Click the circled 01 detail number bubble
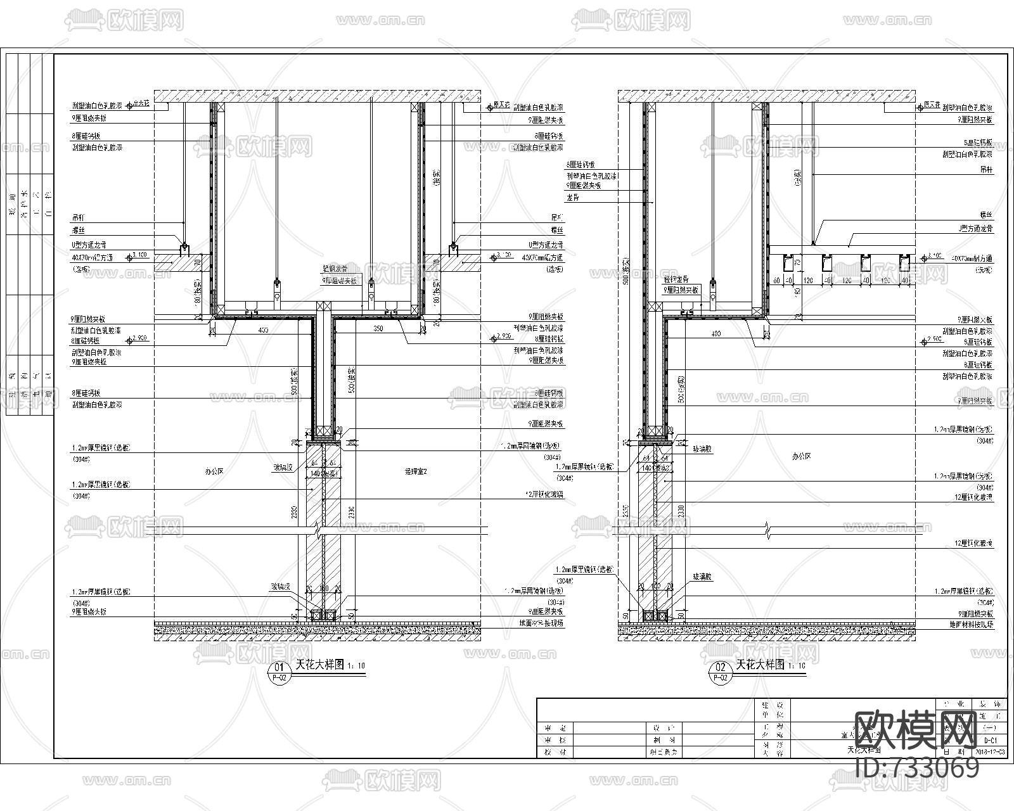tap(278, 667)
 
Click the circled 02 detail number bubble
tap(720, 667)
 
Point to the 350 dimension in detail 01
tap(378, 329)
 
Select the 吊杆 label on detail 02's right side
tap(986, 170)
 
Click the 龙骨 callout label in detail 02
tap(573, 198)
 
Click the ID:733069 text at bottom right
tap(917, 768)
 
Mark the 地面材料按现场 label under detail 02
tap(968, 625)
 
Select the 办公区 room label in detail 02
tap(801, 456)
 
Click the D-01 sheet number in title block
tap(991, 739)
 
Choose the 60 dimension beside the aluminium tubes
tap(776, 280)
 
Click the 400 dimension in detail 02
tap(716, 333)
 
